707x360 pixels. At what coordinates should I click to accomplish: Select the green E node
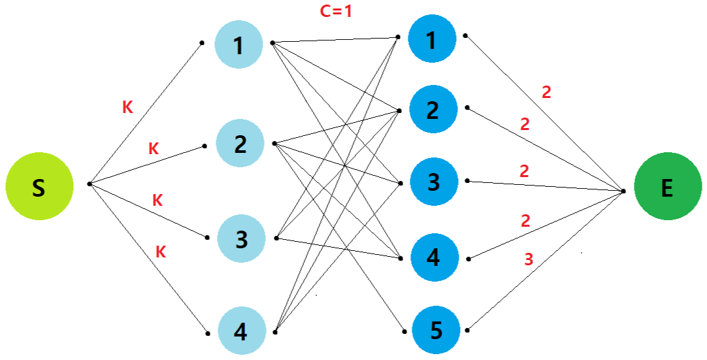click(666, 188)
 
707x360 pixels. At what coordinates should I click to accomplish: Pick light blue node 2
click(240, 144)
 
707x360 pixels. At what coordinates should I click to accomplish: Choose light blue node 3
click(242, 239)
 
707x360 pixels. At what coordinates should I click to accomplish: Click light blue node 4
click(242, 332)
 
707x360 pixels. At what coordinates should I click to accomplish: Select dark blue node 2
click(433, 110)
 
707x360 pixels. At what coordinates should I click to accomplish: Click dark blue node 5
click(436, 331)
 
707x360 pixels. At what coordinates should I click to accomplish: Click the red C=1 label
click(336, 11)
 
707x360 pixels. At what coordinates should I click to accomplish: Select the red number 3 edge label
click(529, 259)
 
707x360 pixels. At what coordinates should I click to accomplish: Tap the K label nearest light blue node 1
click(127, 108)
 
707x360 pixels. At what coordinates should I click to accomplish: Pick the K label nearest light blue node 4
click(160, 252)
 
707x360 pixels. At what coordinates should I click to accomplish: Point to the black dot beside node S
click(90, 184)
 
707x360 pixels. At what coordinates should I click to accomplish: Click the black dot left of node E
click(623, 191)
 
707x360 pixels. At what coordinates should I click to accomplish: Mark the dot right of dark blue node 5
click(468, 331)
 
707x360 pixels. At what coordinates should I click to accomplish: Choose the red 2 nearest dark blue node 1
click(546, 92)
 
